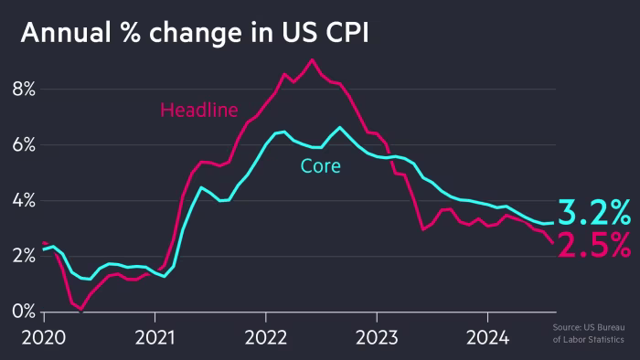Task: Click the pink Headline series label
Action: (x=198, y=111)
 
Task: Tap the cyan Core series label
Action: (x=320, y=166)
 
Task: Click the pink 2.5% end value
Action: (x=594, y=245)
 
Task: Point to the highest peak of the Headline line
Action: (x=312, y=60)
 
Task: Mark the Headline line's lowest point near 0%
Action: (x=81, y=311)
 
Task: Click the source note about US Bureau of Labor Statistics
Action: (x=592, y=334)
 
